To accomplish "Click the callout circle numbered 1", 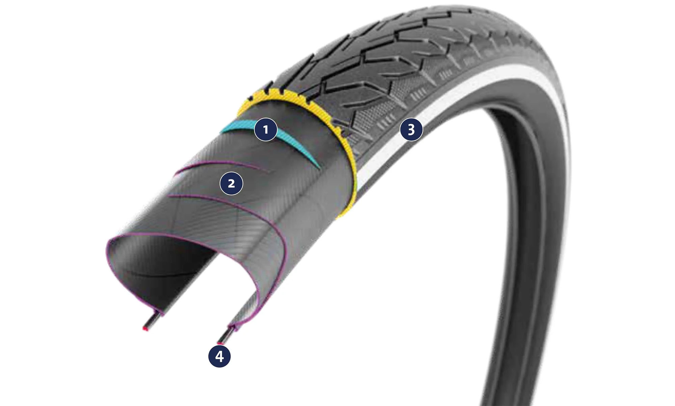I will [266, 129].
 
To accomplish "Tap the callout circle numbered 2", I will [231, 183].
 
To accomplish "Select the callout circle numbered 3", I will [411, 129].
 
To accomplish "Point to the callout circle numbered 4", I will [219, 356].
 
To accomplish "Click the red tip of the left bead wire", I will [145, 329].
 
